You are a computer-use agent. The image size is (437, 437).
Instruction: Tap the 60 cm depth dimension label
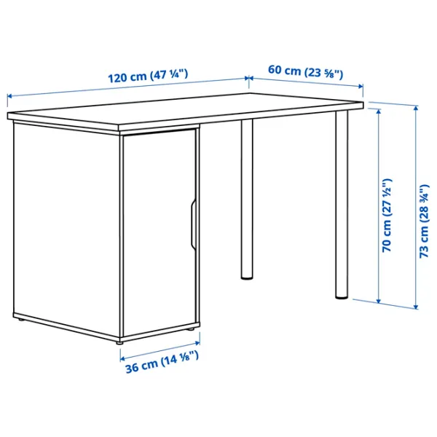pyautogui.click(x=305, y=72)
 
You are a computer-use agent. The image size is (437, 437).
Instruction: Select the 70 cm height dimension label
pyautogui.click(x=387, y=216)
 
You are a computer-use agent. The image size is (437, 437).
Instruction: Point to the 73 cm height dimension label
pyautogui.click(x=425, y=221)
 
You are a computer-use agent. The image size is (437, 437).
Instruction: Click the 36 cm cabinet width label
pyautogui.click(x=162, y=362)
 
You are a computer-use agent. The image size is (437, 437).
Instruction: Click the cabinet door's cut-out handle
pyautogui.click(x=193, y=224)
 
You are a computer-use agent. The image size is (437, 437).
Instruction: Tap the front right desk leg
pyautogui.click(x=342, y=205)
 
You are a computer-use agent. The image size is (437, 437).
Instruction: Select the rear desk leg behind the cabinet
pyautogui.click(x=247, y=199)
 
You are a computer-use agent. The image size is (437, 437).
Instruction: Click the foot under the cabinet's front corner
pyautogui.click(x=120, y=342)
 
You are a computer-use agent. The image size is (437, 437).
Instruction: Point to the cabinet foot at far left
pyautogui.click(x=20, y=320)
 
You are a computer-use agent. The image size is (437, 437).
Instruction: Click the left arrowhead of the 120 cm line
pyautogui.click(x=9, y=96)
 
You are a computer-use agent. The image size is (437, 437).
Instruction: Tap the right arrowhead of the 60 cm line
pyautogui.click(x=361, y=87)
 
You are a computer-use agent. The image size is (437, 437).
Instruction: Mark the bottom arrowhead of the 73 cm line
pyautogui.click(x=416, y=307)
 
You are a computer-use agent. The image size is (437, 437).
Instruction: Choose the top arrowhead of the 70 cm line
pyautogui.click(x=379, y=111)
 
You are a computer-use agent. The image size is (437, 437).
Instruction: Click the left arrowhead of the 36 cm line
pyautogui.click(x=122, y=358)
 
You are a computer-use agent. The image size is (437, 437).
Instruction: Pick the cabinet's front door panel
pyautogui.click(x=160, y=235)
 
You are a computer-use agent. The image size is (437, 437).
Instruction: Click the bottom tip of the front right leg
pyautogui.click(x=342, y=299)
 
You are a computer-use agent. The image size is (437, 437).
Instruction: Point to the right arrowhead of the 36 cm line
pyautogui.click(x=197, y=342)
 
